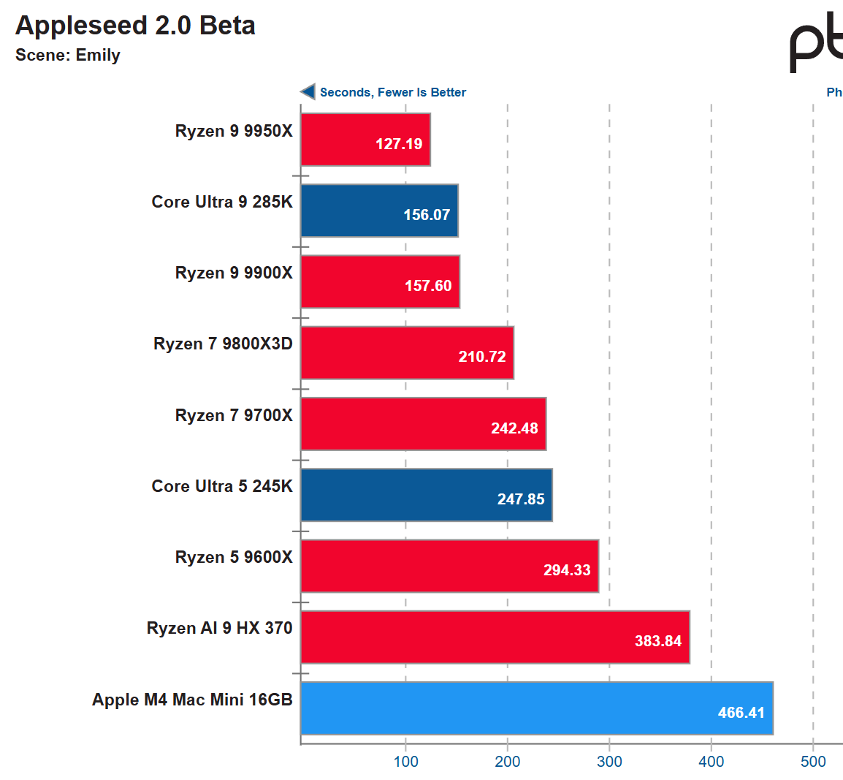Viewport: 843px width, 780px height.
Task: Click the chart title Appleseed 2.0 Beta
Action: tap(135, 26)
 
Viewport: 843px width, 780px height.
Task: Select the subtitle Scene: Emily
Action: tap(68, 56)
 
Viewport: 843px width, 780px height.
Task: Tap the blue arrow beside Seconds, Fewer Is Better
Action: tap(308, 91)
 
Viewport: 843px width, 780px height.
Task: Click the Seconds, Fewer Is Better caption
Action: tap(392, 92)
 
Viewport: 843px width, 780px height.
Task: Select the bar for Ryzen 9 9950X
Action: tap(365, 139)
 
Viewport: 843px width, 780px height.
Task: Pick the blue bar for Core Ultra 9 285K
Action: tap(379, 211)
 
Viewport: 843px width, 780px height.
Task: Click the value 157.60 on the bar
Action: tap(428, 286)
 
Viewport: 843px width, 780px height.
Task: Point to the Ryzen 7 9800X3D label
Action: tap(223, 344)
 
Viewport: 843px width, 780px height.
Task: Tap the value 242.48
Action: tap(514, 428)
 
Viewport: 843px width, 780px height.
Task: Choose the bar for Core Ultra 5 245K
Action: tap(426, 495)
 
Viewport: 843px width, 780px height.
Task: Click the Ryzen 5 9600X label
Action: tap(234, 557)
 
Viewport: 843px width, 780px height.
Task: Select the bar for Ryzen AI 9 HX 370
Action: tap(495, 637)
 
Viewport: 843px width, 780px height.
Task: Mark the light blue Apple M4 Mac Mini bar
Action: tap(536, 708)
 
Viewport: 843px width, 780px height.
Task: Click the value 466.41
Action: tap(741, 713)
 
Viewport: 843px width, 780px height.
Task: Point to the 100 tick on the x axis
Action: tap(406, 762)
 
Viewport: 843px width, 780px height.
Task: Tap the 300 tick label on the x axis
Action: tap(609, 762)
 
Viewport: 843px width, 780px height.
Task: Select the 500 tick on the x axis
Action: tap(813, 762)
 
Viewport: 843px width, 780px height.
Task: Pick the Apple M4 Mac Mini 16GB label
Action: tap(192, 700)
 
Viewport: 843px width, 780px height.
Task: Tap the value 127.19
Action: tap(399, 144)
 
